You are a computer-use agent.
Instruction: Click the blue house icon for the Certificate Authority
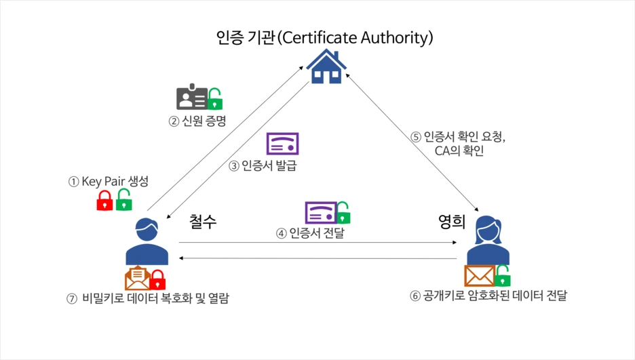tap(326, 66)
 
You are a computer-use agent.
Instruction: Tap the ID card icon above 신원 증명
tap(192, 97)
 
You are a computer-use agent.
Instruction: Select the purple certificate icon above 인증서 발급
tap(283, 144)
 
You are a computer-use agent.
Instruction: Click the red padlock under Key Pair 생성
tap(104, 201)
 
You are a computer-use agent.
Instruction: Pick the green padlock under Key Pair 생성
tap(123, 200)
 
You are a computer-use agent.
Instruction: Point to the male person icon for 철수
tap(147, 241)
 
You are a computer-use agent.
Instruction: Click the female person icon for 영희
tap(488, 240)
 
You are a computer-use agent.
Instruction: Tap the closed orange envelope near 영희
tap(480, 276)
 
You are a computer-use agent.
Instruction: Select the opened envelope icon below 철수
tap(137, 278)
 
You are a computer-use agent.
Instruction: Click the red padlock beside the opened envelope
tap(157, 280)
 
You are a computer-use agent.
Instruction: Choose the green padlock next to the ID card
tap(215, 99)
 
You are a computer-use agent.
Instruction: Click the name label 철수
tap(203, 221)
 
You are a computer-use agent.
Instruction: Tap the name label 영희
tap(452, 221)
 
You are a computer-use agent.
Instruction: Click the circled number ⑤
tap(416, 137)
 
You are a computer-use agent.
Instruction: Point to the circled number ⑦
tap(72, 299)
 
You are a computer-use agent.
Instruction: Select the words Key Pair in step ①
tap(103, 181)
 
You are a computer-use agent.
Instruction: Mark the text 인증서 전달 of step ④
tap(317, 233)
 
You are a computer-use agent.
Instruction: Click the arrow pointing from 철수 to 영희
tap(318, 243)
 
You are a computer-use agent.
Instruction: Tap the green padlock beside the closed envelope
tap(503, 275)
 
